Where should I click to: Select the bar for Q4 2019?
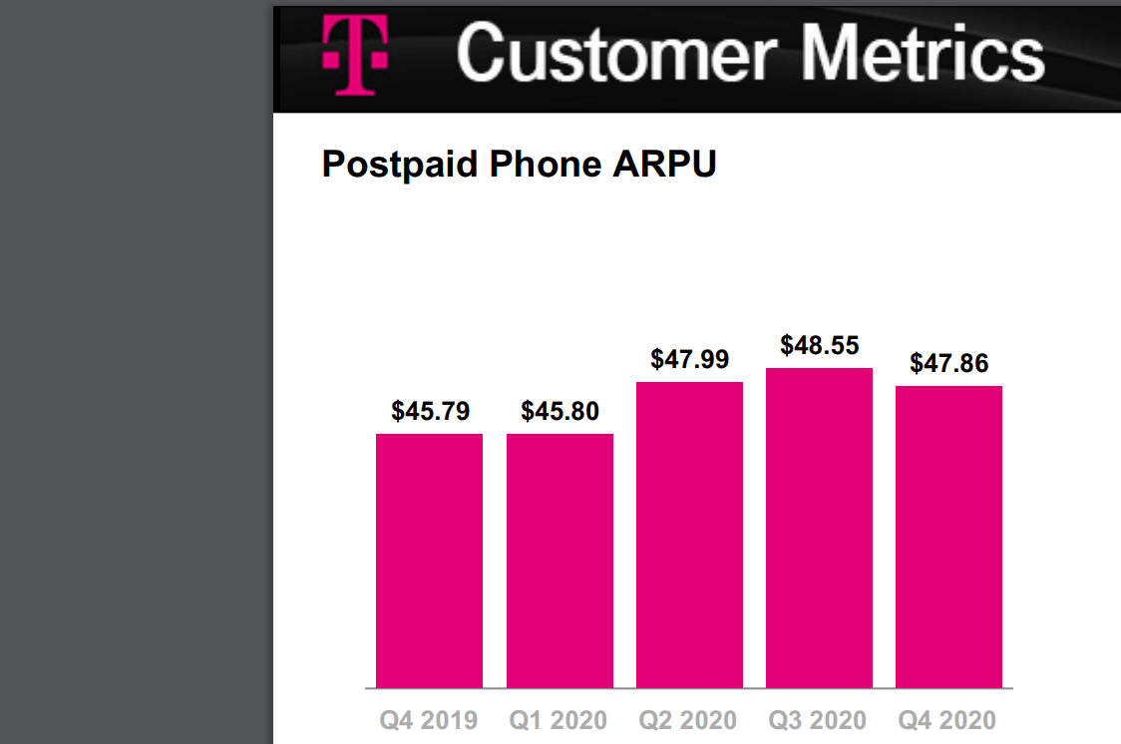click(430, 560)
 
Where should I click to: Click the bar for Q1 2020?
click(560, 560)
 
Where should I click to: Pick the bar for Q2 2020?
click(689, 535)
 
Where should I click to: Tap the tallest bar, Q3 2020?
click(819, 529)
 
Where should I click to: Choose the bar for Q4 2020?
click(948, 537)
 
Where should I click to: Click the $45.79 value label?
click(430, 411)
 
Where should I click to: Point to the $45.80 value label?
click(560, 411)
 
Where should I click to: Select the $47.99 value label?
click(689, 359)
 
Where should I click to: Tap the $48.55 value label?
click(819, 345)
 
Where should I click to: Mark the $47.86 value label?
click(948, 363)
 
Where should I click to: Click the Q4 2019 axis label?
click(429, 720)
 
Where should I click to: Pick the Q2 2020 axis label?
click(688, 720)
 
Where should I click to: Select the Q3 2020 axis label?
click(818, 720)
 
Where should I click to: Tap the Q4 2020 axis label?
click(947, 720)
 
